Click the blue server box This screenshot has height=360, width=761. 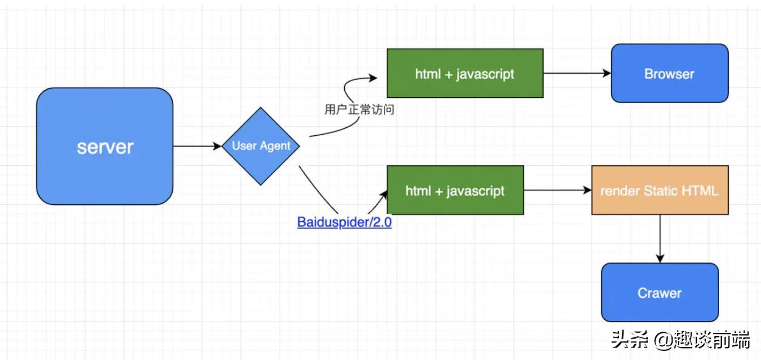[105, 146]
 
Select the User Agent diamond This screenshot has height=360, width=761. [260, 146]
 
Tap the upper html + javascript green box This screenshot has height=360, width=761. [464, 74]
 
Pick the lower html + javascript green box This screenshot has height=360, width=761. [455, 191]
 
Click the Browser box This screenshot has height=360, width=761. [669, 74]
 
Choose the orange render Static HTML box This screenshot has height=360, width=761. [660, 191]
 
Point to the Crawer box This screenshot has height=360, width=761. [660, 293]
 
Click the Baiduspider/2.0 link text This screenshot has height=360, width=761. [344, 222]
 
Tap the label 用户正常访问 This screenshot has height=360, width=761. [359, 110]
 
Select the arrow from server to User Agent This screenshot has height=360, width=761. [197, 146]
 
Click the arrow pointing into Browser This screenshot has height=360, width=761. [578, 73]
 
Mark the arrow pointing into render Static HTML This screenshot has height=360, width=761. [558, 191]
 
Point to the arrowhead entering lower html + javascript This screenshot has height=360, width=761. [384, 195]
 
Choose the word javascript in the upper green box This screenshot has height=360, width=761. [485, 74]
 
